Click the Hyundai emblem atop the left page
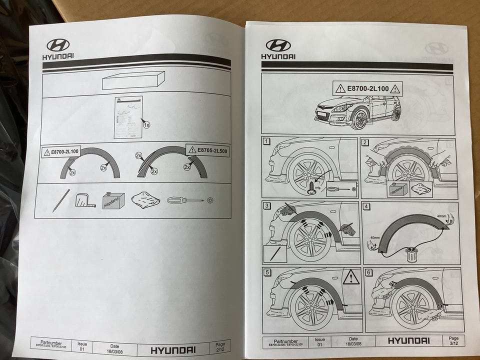point(58,45)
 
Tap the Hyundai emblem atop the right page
point(278,45)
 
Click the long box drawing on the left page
point(133,80)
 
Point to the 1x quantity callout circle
point(146,125)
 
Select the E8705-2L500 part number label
point(207,149)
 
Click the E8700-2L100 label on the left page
point(61,151)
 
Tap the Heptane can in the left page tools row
point(113,200)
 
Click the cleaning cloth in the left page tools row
point(145,201)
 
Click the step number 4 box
point(366,206)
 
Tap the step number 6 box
point(369,272)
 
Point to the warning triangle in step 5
point(350,277)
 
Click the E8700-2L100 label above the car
point(367,89)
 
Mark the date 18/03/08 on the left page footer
point(114,349)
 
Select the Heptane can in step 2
point(397,189)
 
